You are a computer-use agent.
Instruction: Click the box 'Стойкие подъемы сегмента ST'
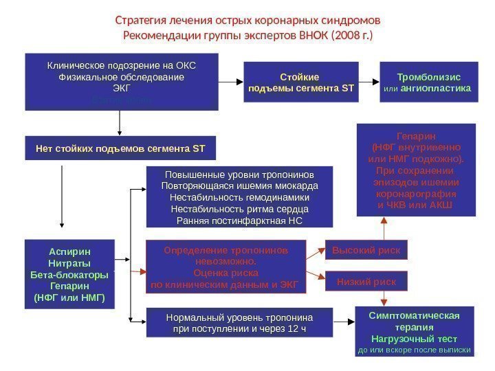point(300,82)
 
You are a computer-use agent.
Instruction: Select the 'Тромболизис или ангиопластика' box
point(428,82)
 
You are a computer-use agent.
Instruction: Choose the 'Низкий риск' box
point(365,281)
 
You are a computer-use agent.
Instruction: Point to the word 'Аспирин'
point(70,251)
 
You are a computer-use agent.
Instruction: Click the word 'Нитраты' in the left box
point(70,262)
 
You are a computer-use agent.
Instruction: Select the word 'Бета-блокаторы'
point(70,274)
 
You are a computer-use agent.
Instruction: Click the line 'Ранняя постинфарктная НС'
point(239,221)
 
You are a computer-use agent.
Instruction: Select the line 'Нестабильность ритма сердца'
point(239,209)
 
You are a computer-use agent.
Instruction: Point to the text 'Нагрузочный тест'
point(415,339)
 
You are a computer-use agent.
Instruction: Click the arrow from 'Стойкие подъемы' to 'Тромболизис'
point(369,82)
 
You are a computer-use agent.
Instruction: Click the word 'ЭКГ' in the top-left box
point(121,89)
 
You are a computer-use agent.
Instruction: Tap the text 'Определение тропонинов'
point(225,251)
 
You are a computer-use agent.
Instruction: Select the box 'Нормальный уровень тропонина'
point(239,324)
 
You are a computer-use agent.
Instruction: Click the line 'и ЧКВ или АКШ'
point(416,205)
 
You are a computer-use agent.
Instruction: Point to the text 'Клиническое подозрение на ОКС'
point(121,66)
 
